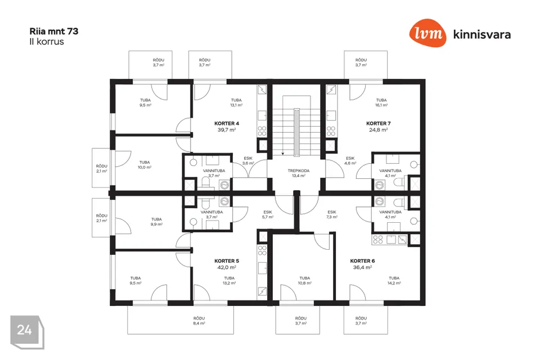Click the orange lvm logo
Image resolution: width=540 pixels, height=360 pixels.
[x=427, y=33]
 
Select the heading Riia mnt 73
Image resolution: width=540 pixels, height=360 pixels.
[x=54, y=31]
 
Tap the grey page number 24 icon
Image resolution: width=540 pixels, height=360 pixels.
[x=27, y=332]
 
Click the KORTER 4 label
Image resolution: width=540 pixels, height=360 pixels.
[x=227, y=123]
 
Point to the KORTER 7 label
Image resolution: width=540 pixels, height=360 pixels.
[x=379, y=123]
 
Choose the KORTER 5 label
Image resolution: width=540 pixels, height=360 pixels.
[x=227, y=261]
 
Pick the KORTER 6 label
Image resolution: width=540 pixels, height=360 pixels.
[x=362, y=261]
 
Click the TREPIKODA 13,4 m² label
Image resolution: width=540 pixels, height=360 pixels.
[x=299, y=173]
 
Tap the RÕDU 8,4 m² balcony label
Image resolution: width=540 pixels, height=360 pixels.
[x=199, y=321]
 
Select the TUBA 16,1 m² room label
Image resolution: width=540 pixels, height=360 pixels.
[x=381, y=102]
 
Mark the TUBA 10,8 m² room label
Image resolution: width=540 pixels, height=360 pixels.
[x=304, y=281]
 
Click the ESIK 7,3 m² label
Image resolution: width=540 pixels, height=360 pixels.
[x=332, y=214]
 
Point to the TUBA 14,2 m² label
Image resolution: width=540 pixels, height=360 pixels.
[x=394, y=281]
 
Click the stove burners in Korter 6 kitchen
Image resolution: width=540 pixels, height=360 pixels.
[x=378, y=239]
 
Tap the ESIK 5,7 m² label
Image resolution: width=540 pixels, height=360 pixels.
[x=268, y=214]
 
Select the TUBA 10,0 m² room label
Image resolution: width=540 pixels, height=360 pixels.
[x=145, y=165]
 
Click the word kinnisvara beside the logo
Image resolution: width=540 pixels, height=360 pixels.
[x=482, y=34]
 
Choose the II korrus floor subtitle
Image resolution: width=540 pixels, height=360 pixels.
[x=47, y=42]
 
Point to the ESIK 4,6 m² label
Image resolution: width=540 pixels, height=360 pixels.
[x=350, y=160]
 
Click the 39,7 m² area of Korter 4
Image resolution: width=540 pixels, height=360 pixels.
[x=227, y=130]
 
